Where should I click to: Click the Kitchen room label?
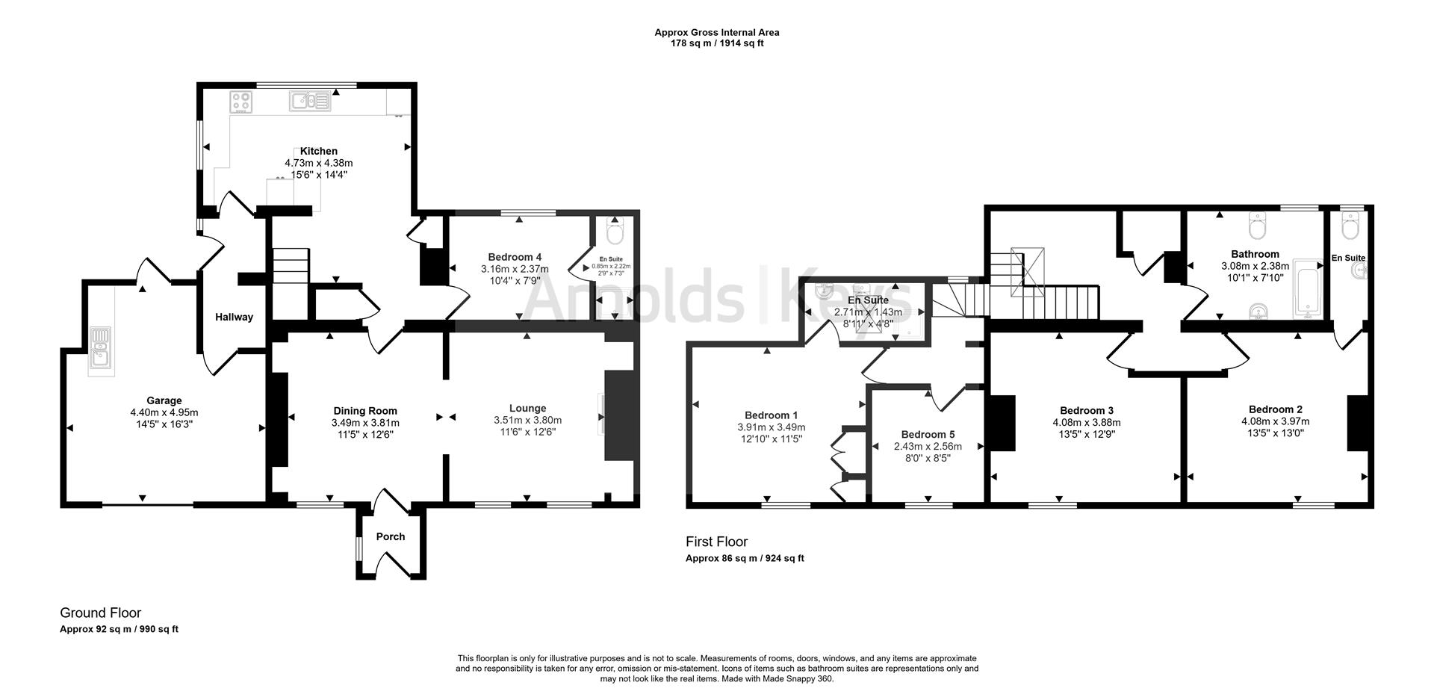319,151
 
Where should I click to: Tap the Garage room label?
164,400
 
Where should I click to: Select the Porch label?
391,536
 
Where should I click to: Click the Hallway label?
235,317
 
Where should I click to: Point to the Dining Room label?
365,410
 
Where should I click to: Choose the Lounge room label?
528,408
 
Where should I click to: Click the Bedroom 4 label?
515,257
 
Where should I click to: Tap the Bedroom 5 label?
928,434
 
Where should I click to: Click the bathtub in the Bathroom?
1307,288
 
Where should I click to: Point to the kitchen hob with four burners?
243,102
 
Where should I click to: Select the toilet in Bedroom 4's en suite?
615,232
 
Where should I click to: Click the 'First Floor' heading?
717,542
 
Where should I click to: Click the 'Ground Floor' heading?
101,613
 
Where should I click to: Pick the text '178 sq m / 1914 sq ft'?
717,43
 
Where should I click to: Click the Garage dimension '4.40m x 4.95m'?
164,412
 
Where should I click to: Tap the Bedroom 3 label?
1087,410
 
